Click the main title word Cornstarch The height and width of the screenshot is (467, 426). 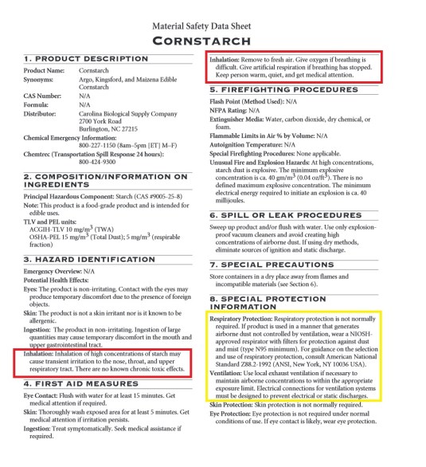click(x=213, y=41)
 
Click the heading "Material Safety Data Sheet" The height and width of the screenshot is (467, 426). click(x=213, y=25)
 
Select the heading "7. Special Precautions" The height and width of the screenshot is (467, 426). click(x=287, y=265)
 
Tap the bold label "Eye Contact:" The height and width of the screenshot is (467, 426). click(x=45, y=395)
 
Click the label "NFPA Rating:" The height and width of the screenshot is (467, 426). click(x=233, y=110)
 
